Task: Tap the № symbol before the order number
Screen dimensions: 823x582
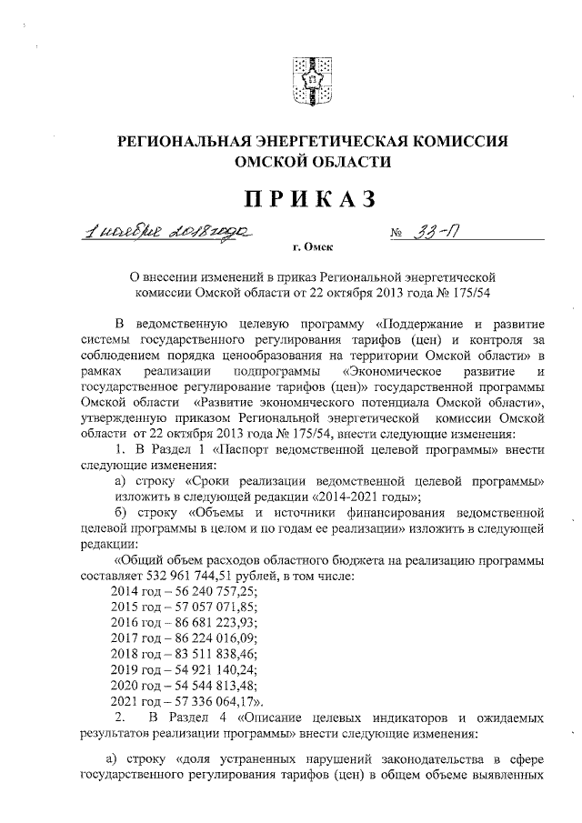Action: [396, 233]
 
